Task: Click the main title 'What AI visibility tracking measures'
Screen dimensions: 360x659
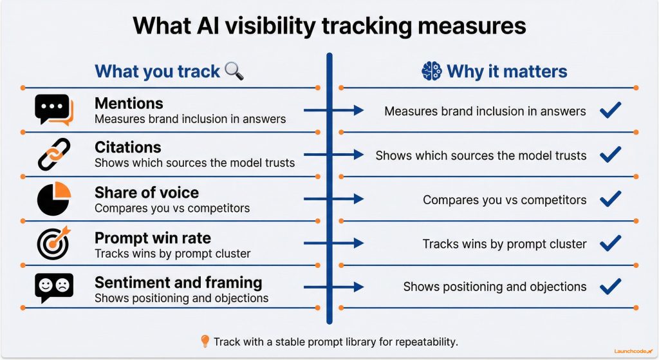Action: click(329, 26)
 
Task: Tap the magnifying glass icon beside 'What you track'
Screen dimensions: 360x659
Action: click(234, 71)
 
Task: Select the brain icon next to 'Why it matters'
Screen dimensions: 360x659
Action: click(431, 71)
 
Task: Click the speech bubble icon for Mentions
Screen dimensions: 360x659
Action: click(53, 110)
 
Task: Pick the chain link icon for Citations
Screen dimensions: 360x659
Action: click(53, 155)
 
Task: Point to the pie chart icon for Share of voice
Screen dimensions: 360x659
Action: click(53, 199)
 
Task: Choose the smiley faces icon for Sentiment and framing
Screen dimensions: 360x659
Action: click(53, 287)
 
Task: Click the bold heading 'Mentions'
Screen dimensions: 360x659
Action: click(129, 103)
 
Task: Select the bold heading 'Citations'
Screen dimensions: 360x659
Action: click(127, 147)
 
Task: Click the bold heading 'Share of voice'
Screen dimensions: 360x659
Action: click(147, 193)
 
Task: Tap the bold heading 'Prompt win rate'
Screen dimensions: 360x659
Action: click(153, 237)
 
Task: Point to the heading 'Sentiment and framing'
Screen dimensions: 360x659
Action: click(178, 282)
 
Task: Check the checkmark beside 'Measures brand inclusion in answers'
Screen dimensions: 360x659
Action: click(609, 111)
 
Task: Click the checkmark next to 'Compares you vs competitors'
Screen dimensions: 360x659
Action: click(609, 199)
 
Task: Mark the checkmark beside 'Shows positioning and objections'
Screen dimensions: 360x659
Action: click(609, 287)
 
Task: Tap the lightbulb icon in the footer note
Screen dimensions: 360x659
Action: click(205, 341)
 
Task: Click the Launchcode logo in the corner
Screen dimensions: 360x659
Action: click(632, 350)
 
